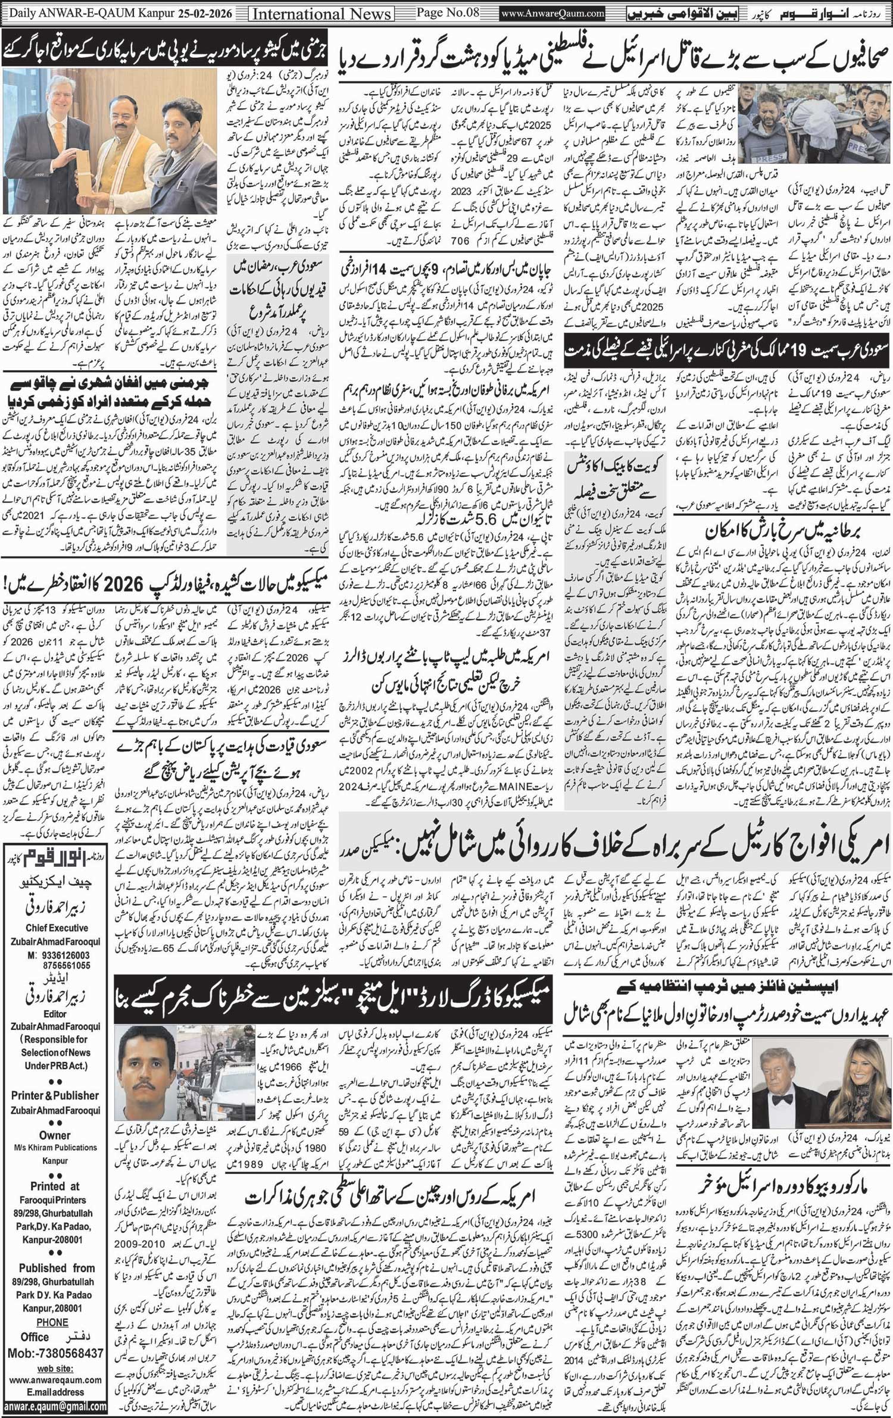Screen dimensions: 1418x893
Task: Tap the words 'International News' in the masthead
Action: [322, 13]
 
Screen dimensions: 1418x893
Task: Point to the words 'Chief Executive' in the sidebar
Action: [57, 927]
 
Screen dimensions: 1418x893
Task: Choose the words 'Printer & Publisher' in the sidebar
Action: [55, 1095]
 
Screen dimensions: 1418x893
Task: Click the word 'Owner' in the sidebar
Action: [55, 1135]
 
